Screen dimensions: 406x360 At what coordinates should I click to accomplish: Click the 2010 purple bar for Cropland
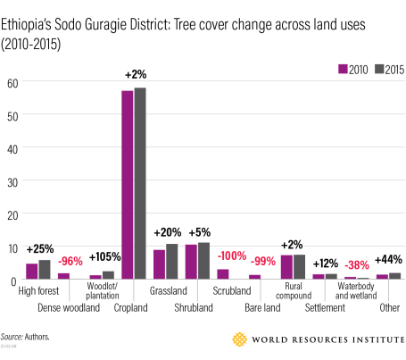tap(128, 185)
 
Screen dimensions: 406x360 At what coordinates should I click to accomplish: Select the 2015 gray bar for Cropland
tap(140, 183)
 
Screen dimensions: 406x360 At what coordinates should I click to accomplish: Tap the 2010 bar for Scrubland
tap(223, 274)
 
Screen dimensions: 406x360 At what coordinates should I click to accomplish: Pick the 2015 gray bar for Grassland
tap(172, 262)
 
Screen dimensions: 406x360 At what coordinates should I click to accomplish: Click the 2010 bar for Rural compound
tap(286, 267)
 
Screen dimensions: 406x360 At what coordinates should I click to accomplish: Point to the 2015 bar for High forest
tap(45, 270)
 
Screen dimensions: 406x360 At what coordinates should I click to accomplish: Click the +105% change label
tap(105, 256)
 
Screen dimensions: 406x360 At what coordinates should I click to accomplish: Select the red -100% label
tap(232, 255)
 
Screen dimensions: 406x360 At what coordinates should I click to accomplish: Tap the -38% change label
tap(357, 264)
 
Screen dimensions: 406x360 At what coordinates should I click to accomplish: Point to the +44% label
tap(388, 259)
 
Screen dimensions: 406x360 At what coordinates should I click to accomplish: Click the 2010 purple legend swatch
tap(343, 69)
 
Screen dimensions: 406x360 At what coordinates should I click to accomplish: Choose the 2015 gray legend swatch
tap(379, 69)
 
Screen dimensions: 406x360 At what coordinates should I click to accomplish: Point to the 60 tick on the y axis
tap(12, 84)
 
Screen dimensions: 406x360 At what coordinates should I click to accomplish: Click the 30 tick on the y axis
tap(12, 182)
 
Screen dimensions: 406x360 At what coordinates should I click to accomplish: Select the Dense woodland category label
tap(69, 307)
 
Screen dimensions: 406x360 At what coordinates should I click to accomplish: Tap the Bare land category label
tap(262, 307)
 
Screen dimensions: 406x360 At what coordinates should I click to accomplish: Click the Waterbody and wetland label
tap(356, 290)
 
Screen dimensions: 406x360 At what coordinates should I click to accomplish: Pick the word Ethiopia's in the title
tap(26, 25)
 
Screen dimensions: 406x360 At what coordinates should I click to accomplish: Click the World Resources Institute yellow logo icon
tap(239, 339)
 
